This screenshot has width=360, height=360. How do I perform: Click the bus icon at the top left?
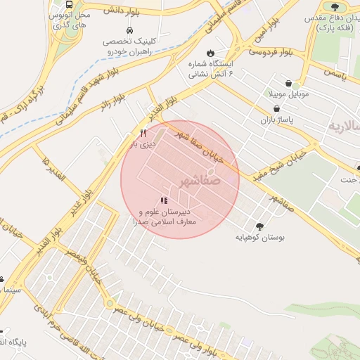tap(68, 4)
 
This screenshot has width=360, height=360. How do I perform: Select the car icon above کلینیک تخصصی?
tap(129, 31)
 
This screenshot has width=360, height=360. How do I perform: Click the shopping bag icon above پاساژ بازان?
tap(277, 109)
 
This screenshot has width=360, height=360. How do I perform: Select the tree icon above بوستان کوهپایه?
tap(261, 226)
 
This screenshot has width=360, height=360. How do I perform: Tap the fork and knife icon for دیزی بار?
tap(143, 133)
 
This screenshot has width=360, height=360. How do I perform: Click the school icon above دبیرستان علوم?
tap(164, 200)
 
